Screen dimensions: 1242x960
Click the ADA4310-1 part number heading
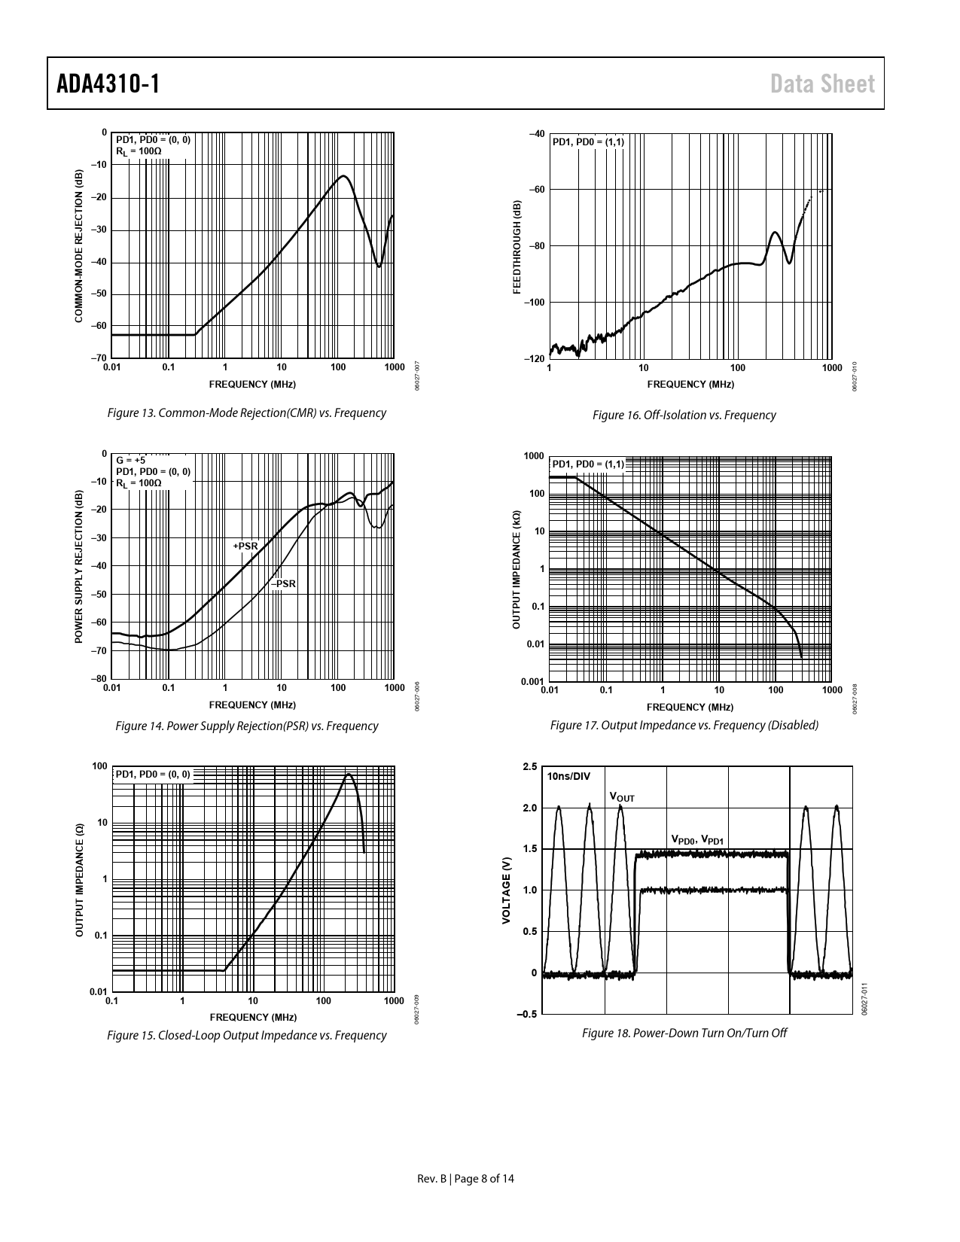pos(108,84)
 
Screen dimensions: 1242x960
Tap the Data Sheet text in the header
pos(822,84)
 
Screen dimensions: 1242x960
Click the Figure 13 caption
pos(247,412)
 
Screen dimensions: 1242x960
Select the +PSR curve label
pos(245,546)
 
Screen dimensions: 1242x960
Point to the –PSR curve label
pos(283,583)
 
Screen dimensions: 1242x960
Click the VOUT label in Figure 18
pos(621,796)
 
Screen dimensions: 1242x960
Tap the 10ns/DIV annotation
pos(569,776)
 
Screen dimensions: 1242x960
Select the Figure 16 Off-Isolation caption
pos(684,415)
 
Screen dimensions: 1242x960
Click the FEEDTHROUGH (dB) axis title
pos(517,247)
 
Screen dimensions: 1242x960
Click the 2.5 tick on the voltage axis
pos(529,767)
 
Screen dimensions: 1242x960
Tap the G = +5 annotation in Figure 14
pos(130,460)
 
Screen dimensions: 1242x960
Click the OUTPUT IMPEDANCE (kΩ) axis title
pos(517,570)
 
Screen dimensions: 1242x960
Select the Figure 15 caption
pos(247,1035)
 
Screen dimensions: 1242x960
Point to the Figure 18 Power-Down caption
pos(684,1033)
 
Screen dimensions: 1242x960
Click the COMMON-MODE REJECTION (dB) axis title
pos(78,246)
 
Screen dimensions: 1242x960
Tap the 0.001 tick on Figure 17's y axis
pos(533,682)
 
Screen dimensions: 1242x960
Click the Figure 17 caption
pos(684,725)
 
